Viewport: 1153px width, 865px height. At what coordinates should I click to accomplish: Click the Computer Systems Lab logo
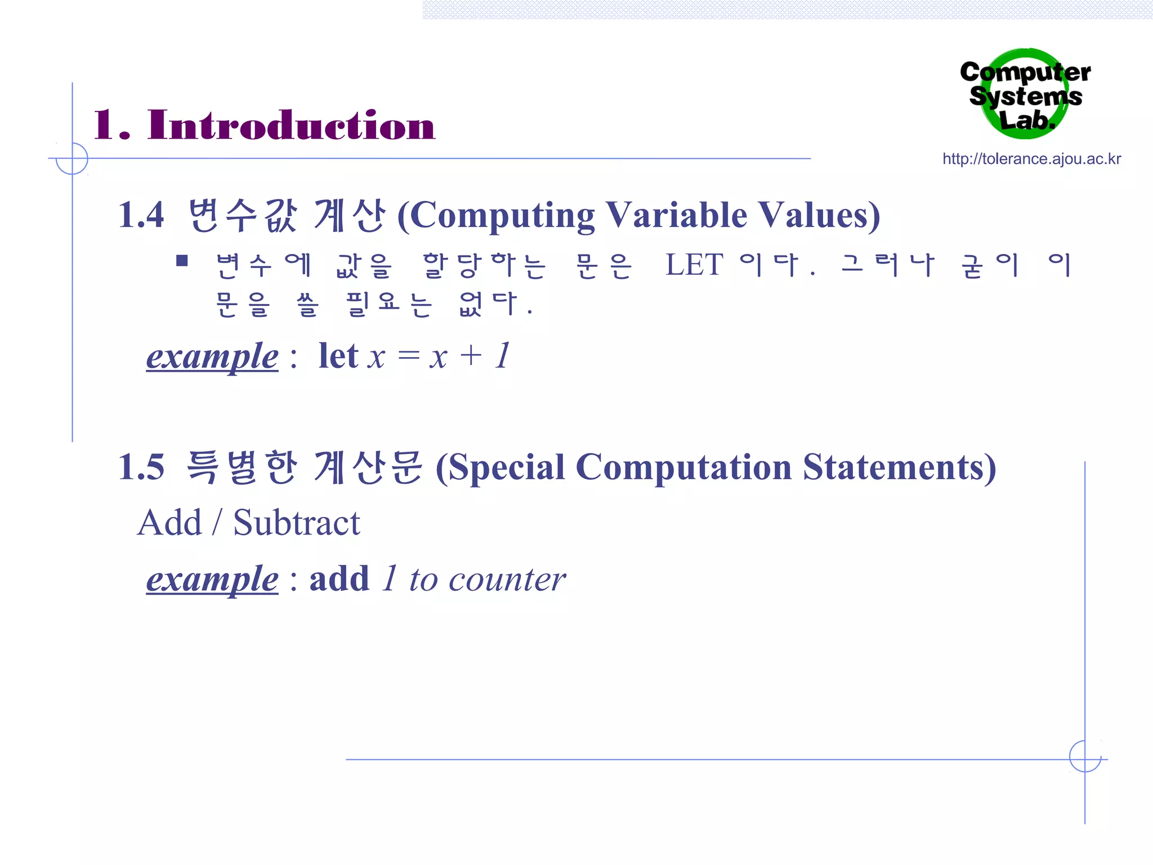click(1025, 95)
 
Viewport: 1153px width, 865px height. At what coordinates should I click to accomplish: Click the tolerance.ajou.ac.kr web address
click(1031, 159)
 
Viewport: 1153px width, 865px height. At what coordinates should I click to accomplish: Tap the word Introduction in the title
click(291, 125)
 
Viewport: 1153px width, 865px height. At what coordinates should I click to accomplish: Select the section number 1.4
click(141, 215)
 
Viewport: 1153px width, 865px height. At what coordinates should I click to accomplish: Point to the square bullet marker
click(182, 260)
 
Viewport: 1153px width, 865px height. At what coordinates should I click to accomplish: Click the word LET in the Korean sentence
click(694, 265)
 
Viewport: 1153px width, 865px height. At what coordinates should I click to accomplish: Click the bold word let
click(338, 356)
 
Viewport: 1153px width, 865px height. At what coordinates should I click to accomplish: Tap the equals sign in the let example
click(409, 356)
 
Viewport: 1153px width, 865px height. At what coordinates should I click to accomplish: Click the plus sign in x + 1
click(471, 356)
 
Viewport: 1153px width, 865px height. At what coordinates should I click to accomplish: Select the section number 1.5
click(141, 467)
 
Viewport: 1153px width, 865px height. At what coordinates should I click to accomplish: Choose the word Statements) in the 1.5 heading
click(899, 467)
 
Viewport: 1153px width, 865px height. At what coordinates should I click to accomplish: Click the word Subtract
click(297, 523)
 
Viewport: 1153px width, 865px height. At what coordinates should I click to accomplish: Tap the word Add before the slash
click(169, 523)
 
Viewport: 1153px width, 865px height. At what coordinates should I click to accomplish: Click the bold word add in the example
click(339, 579)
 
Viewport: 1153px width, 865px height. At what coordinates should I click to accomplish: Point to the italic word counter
click(507, 580)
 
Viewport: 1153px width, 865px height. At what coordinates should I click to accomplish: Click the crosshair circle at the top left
click(72, 158)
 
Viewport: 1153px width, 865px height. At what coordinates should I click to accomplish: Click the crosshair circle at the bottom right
click(1085, 756)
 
